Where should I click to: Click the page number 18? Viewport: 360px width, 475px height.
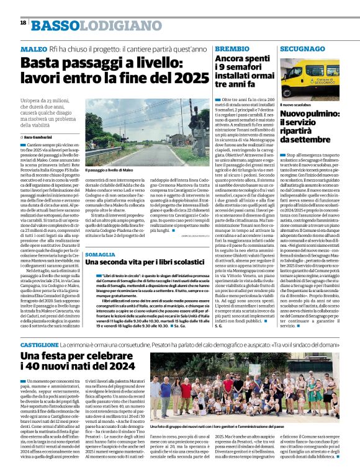pyautogui.click(x=23, y=22)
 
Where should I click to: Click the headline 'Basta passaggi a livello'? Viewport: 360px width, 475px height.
pyautogui.click(x=114, y=70)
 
